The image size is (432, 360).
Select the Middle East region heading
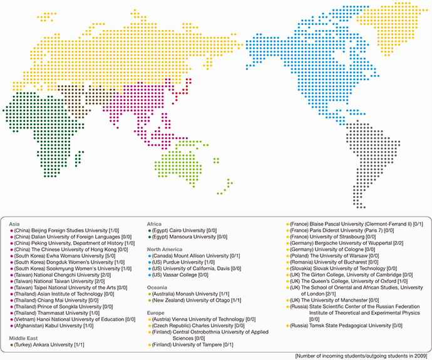pos(22,338)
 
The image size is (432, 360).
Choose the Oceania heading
pos(158,287)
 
